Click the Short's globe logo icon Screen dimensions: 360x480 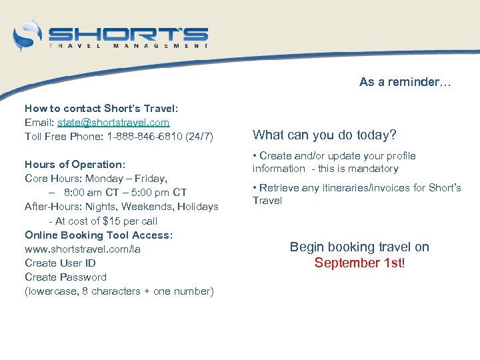[27, 35]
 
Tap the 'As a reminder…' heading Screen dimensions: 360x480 [405, 82]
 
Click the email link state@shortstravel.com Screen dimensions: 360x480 [113, 122]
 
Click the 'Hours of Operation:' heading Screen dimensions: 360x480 [75, 164]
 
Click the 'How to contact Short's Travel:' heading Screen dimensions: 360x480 [101, 108]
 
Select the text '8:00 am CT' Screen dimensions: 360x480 [89, 193]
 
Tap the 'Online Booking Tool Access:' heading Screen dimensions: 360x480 [99, 235]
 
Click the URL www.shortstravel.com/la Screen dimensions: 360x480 [83, 249]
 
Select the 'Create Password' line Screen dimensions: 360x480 [65, 277]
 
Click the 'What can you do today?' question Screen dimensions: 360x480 [324, 135]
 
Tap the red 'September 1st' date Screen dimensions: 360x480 [358, 263]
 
